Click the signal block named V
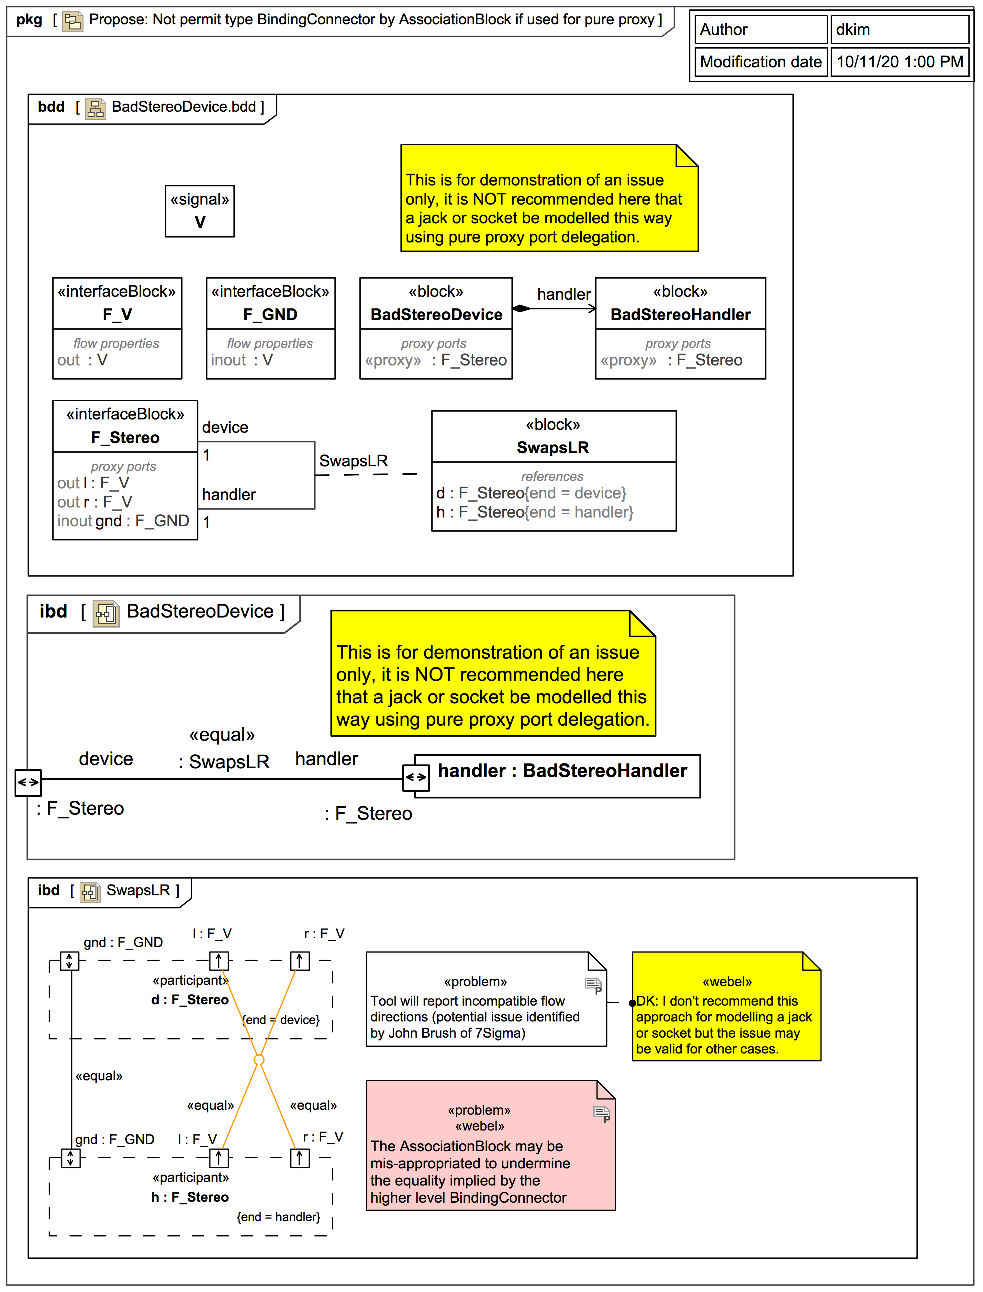199,211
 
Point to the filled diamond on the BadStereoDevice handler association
521,308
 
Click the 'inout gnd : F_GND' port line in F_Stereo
123,521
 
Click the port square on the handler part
416,777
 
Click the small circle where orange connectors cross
259,1060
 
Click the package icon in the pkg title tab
73,21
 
